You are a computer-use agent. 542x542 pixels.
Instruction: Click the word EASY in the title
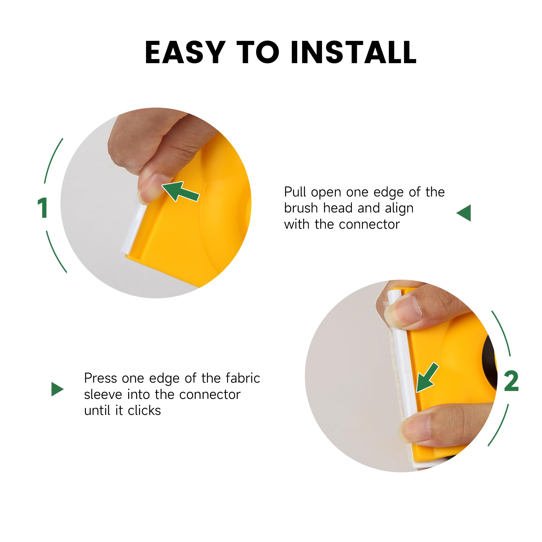pyautogui.click(x=185, y=52)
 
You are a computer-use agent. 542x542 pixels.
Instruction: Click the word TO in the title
pyautogui.click(x=258, y=52)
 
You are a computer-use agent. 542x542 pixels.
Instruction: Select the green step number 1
pyautogui.click(x=42, y=208)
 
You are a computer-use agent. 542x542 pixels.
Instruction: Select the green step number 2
pyautogui.click(x=511, y=381)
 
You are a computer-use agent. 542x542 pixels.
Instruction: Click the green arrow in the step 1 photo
pyautogui.click(x=180, y=191)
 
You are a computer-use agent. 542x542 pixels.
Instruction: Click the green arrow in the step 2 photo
pyautogui.click(x=427, y=378)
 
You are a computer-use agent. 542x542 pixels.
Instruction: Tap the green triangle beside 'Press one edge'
pyautogui.click(x=57, y=389)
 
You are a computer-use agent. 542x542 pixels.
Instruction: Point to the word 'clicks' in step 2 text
pyautogui.click(x=144, y=410)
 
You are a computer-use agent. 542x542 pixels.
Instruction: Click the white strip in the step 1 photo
pyautogui.click(x=134, y=228)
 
